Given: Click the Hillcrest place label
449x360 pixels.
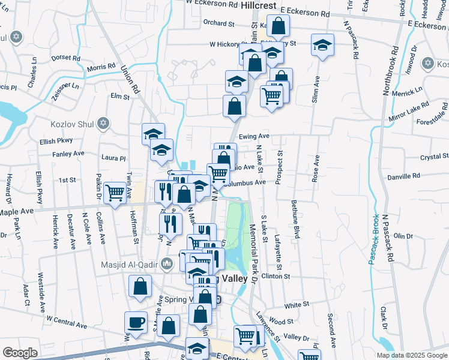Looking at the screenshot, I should coord(258,5).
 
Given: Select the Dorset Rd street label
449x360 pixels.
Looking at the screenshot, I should coord(66,59).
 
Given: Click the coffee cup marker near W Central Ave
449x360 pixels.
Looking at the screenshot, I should coord(136,322).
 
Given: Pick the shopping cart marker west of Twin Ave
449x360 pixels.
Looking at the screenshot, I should coord(115,192).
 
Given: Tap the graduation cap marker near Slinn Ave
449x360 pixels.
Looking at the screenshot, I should coord(322,44).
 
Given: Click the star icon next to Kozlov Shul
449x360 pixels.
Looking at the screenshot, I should coord(103,124).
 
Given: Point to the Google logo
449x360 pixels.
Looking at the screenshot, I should coord(20,353).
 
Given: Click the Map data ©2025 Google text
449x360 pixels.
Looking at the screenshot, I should coord(411,355).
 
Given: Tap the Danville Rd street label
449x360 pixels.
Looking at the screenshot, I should coord(403,177).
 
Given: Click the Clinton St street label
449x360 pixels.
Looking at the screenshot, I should coord(276,277).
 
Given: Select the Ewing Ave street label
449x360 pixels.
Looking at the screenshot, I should coord(254,137).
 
